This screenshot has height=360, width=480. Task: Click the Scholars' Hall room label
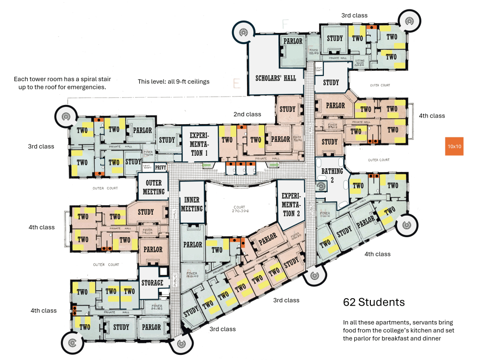(276, 78)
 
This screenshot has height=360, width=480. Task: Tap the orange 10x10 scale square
(454, 146)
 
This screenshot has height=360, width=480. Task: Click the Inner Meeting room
(192, 204)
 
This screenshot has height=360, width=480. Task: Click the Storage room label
(152, 283)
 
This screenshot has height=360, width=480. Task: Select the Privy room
(161, 167)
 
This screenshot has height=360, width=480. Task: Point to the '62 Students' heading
(374, 302)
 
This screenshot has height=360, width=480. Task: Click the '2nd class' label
(247, 114)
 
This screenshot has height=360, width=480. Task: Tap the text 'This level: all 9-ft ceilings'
(173, 82)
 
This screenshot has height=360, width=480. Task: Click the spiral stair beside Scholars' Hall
(243, 32)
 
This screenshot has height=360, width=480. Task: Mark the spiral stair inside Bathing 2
(322, 187)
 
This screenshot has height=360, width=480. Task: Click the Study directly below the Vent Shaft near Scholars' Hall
(331, 82)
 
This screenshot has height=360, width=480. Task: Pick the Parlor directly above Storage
(153, 249)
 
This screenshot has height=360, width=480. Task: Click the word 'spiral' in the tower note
(85, 79)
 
